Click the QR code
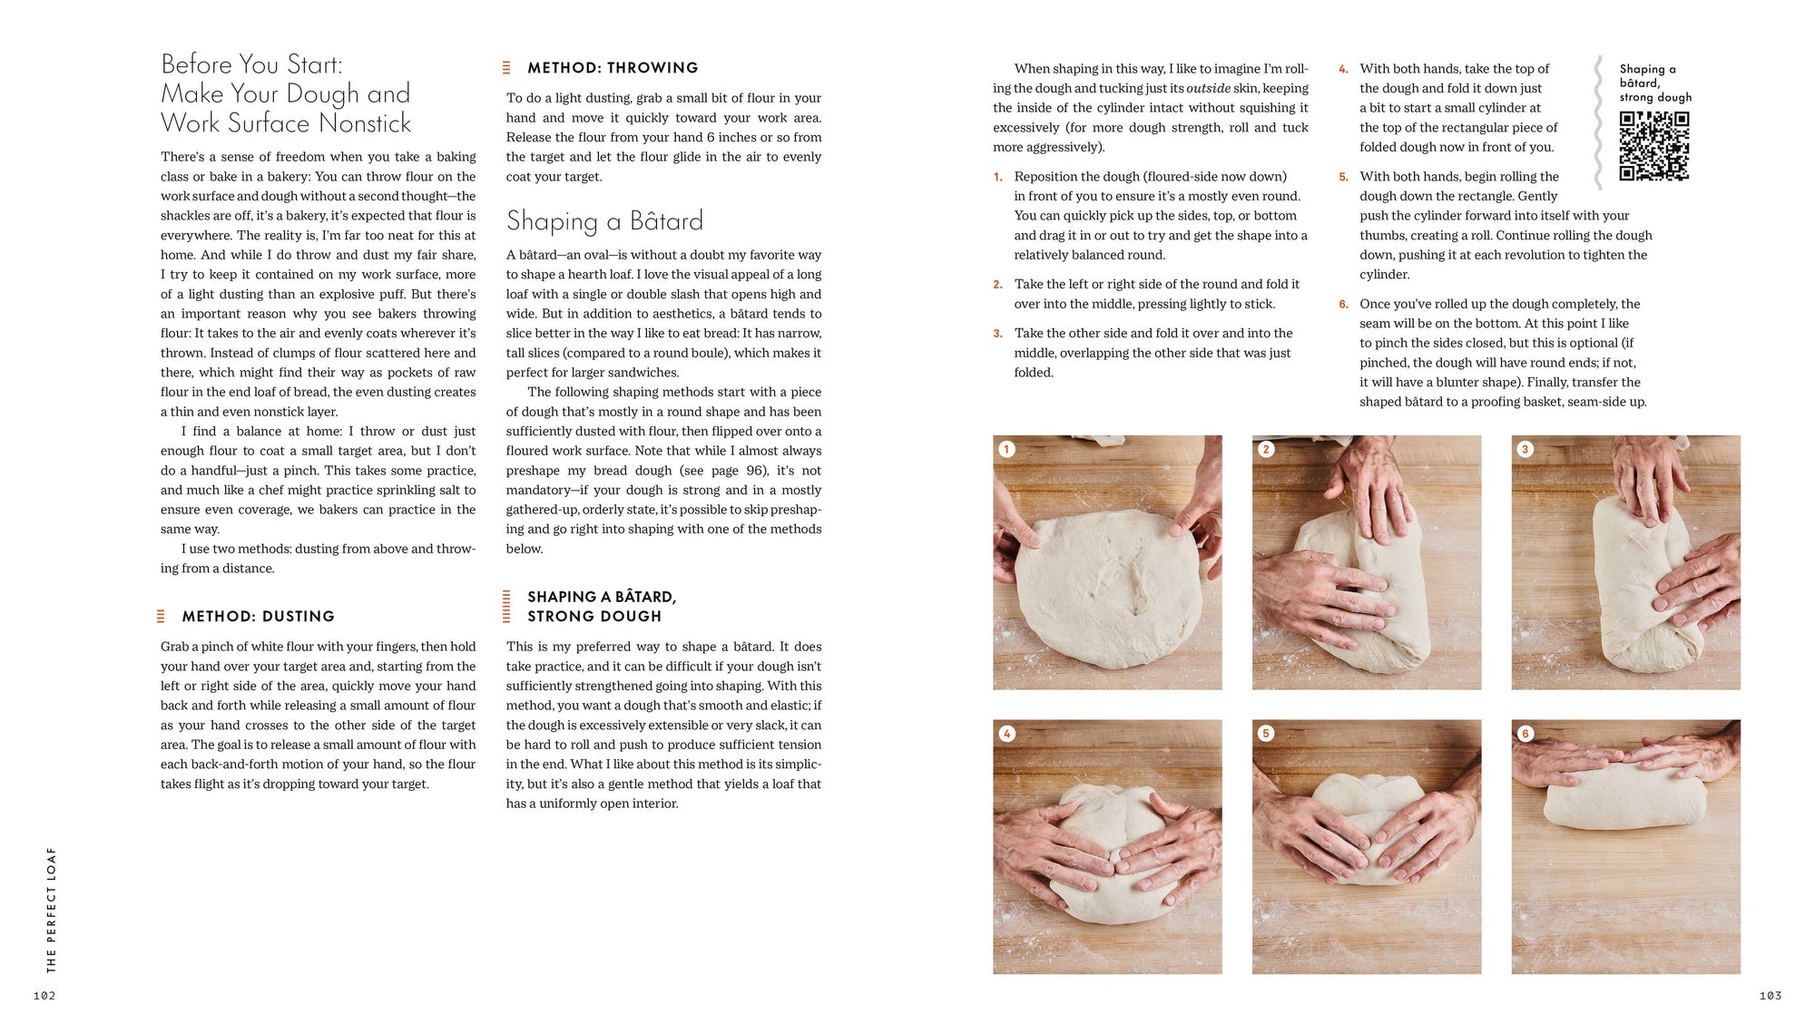(x=1653, y=146)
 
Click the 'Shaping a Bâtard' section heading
(x=604, y=221)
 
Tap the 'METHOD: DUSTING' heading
(x=258, y=617)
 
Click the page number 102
(x=44, y=996)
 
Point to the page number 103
(x=1770, y=996)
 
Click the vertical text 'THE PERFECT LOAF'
(x=51, y=910)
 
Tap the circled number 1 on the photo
(x=1006, y=449)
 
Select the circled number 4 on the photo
(x=1006, y=734)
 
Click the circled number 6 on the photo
(x=1525, y=734)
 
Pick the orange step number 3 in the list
(x=997, y=334)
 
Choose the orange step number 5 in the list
(x=1343, y=177)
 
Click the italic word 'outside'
(x=1208, y=89)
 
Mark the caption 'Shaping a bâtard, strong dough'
(x=1654, y=83)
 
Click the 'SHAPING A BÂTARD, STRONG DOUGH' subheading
(x=601, y=607)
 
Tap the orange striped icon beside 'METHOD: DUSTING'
(x=161, y=617)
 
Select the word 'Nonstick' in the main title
(x=365, y=123)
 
